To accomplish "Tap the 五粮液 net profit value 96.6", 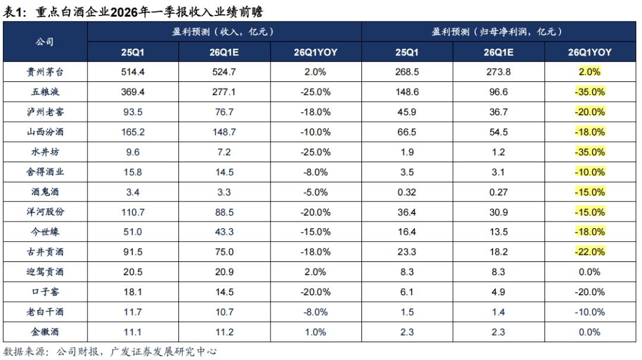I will coord(498,91).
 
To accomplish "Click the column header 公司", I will coord(45,42).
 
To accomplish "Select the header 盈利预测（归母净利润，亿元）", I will coord(498,31).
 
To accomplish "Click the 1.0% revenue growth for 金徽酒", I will coord(316,332).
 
